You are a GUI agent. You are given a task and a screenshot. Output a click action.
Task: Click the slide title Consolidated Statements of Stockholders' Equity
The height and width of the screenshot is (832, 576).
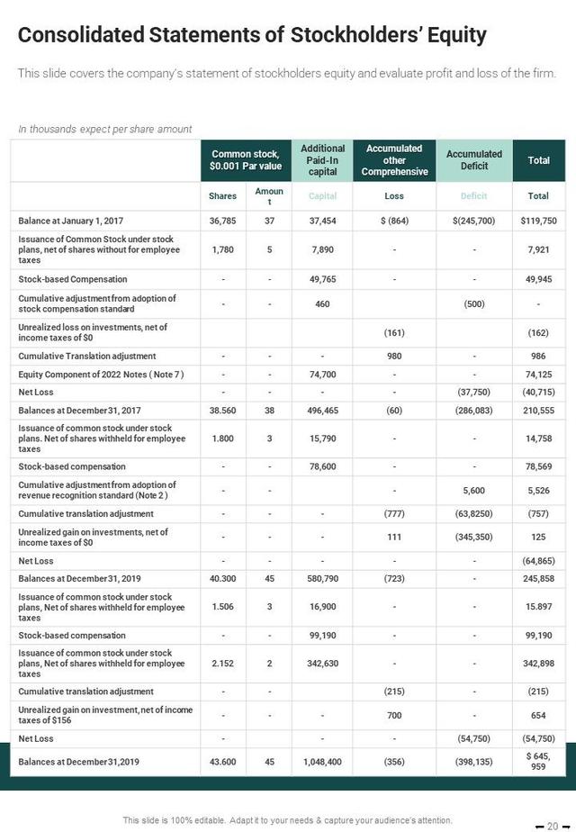click(252, 35)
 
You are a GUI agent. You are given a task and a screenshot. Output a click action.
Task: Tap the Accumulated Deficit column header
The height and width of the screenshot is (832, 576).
click(473, 160)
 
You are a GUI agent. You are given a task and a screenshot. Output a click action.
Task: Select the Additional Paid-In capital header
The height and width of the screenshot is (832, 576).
click(322, 160)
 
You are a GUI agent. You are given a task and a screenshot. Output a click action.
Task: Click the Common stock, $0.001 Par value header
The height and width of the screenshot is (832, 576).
click(245, 160)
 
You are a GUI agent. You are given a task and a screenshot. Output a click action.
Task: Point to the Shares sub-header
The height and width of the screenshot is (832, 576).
click(222, 196)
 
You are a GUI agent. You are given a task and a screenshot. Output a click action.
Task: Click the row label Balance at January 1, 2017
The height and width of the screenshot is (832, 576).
click(71, 220)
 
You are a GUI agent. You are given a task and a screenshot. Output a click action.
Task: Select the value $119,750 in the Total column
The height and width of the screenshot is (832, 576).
click(538, 220)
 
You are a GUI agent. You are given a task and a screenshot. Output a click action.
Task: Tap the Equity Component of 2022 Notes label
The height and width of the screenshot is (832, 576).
click(101, 374)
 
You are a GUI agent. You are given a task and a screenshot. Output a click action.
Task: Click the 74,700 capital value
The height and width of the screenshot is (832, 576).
click(322, 374)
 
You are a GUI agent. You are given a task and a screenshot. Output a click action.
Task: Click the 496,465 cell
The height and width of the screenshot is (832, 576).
click(322, 410)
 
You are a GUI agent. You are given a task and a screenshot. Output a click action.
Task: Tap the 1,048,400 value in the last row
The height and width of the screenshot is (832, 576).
click(322, 762)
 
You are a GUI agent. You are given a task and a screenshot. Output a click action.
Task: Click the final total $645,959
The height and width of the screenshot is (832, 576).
click(538, 762)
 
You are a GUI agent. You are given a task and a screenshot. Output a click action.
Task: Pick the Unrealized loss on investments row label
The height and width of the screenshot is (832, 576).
click(93, 332)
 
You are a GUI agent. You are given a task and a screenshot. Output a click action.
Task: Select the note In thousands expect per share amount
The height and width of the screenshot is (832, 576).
click(104, 130)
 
